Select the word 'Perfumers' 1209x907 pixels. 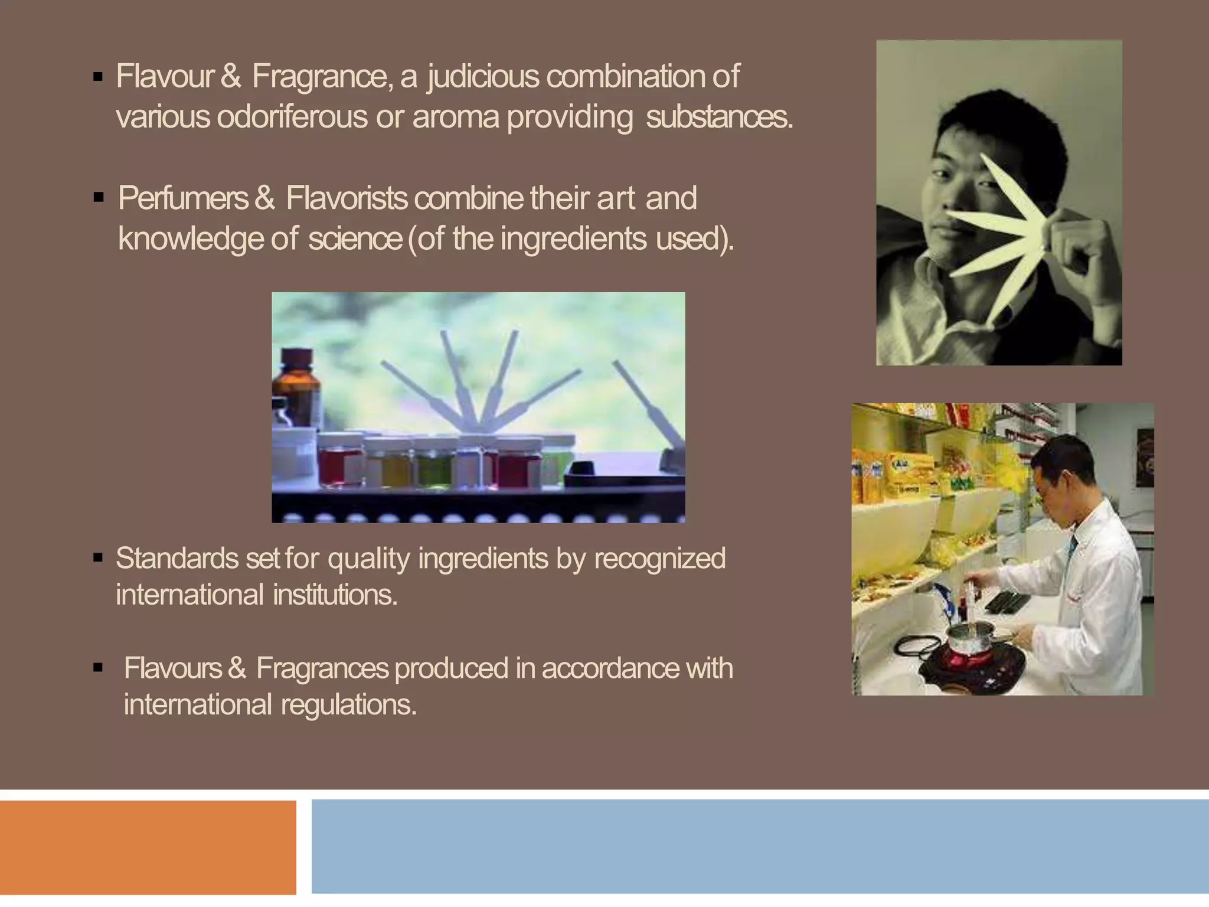[183, 198]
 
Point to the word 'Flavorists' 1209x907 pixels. [347, 198]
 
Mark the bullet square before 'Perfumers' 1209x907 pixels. [99, 198]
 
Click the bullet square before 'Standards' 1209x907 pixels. [98, 558]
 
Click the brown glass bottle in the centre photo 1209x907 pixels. [296, 390]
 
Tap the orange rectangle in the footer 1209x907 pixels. [148, 847]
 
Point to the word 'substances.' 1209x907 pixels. [719, 117]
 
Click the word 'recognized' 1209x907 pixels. [659, 559]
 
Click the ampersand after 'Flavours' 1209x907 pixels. [236, 669]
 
